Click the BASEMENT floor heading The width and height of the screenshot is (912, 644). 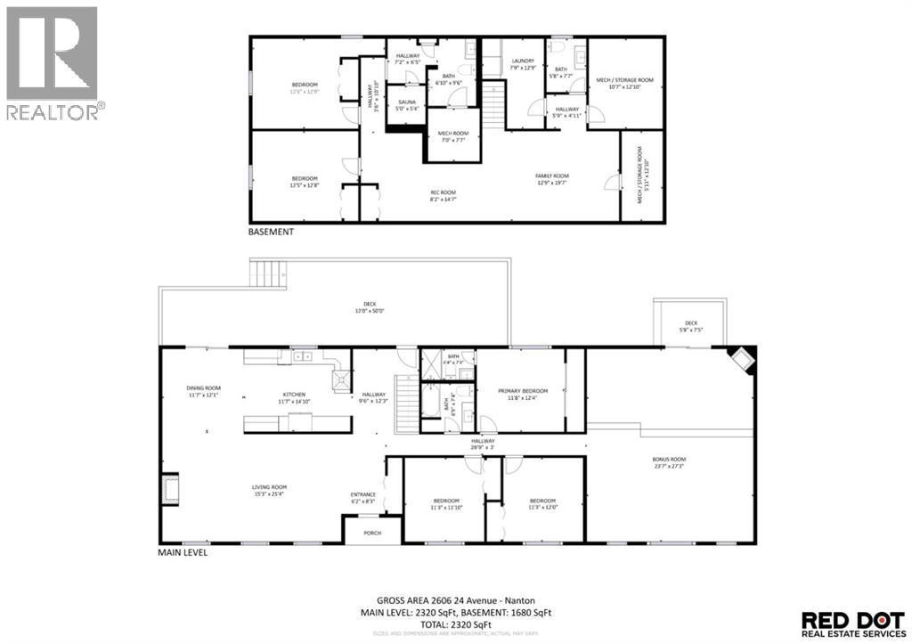(271, 232)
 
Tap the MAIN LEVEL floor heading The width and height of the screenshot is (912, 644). (183, 553)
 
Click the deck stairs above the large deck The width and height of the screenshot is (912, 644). (266, 273)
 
